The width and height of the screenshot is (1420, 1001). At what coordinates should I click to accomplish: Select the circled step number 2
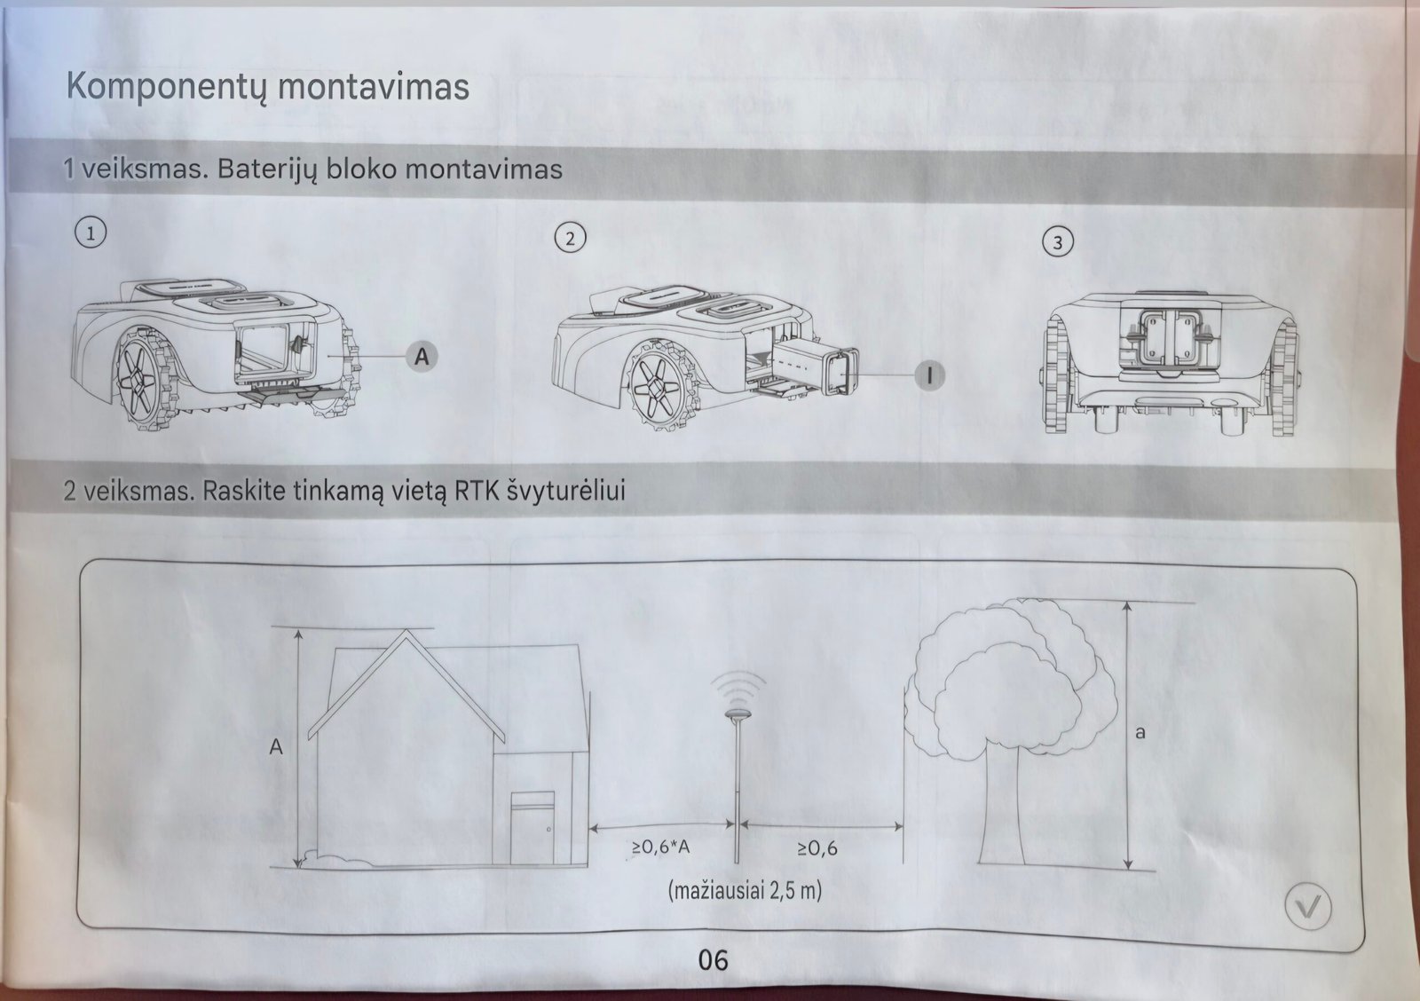pos(570,238)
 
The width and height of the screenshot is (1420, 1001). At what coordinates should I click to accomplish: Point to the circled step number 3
pos(1057,242)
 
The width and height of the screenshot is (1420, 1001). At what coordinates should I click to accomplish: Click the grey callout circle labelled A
pos(422,357)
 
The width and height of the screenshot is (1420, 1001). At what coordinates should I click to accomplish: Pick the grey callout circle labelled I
pos(929,375)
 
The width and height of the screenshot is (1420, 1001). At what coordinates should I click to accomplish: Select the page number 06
pos(713,959)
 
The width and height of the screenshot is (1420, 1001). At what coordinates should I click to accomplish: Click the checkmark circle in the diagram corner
pos(1308,907)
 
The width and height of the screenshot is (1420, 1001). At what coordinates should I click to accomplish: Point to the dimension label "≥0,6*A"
pos(660,847)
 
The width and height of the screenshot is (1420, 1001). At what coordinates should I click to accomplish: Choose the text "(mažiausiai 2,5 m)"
pos(745,890)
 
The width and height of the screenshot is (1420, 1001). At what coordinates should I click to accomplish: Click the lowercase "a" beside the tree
pos(1140,733)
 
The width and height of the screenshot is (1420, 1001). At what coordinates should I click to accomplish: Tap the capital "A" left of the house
pos(276,747)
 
